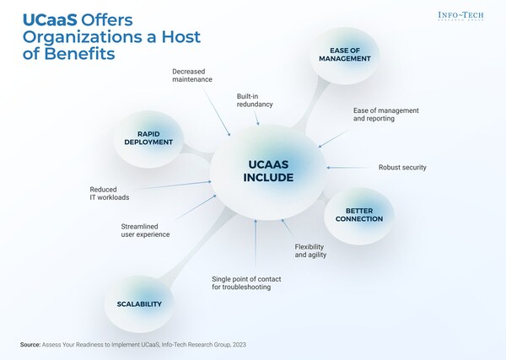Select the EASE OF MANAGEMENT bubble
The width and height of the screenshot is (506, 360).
tap(345, 55)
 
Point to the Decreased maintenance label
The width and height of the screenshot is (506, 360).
tap(195, 76)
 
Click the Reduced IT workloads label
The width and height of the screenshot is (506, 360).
tap(110, 193)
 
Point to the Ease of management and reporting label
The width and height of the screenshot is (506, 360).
tap(385, 116)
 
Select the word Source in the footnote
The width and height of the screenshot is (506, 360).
tap(33, 345)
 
